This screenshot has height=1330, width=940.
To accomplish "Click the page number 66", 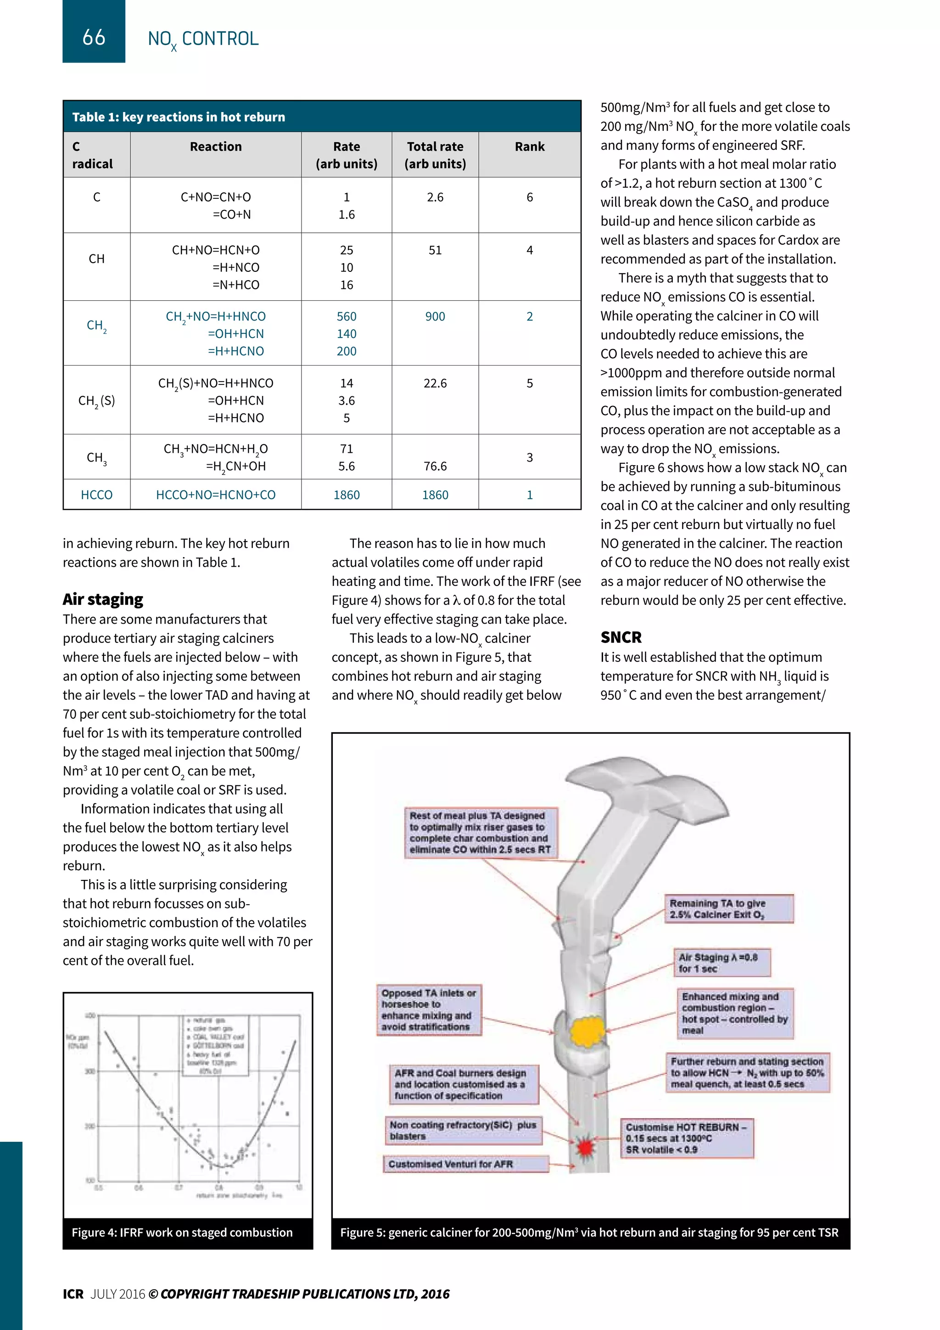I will pos(94,37).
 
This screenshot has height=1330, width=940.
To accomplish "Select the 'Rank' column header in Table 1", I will pos(529,147).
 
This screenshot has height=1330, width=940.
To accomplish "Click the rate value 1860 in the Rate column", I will pos(346,495).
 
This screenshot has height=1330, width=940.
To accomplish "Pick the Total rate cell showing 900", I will pos(435,316).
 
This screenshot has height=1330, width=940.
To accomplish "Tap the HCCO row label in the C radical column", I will pos(97,495).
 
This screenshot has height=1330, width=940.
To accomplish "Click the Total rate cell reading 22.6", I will pos(435,383).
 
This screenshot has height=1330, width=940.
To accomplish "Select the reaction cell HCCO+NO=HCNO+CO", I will pos(215,495).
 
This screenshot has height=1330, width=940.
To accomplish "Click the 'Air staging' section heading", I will pos(103,599).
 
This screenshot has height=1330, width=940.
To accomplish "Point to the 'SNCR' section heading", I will pos(621,637).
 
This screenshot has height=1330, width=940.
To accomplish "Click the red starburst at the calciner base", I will pos(586,1146).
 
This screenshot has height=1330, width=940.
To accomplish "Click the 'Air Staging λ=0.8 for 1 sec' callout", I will pos(721,963).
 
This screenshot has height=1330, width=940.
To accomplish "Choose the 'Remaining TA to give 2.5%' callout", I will pos(727,909).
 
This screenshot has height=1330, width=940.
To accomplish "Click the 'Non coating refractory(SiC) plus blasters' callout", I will pos(464,1130).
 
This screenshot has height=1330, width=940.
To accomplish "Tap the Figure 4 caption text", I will pos(182,1232).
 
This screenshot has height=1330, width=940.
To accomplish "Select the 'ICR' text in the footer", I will pos(73,1294).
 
